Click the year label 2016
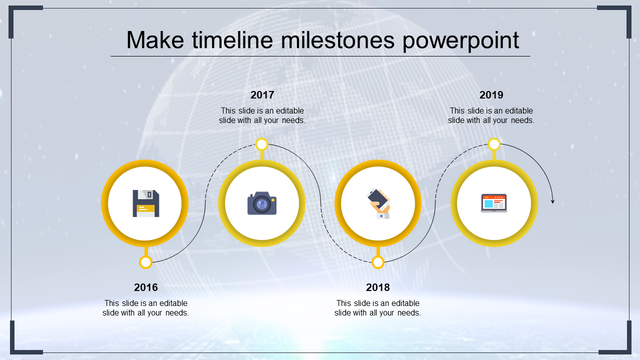coord(145,287)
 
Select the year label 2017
coord(262,95)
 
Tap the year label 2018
coord(377,287)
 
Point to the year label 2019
coord(491,95)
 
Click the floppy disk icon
coord(145,203)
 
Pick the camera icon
coord(261,203)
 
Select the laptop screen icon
coord(493,203)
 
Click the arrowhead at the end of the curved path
coord(553,201)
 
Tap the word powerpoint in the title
coord(460,41)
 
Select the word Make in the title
coord(155,40)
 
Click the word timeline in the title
coord(232,40)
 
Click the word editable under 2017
coord(289,110)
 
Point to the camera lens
coord(261,204)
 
